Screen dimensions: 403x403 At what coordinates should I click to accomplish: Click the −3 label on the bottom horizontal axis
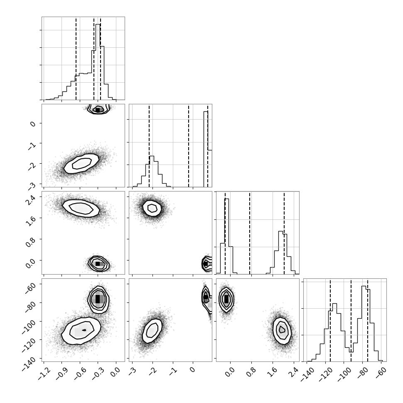pos(132,371)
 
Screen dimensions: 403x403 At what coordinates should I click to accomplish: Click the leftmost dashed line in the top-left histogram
pos(76,59)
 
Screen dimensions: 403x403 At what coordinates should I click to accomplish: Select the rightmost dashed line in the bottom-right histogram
pos(368,320)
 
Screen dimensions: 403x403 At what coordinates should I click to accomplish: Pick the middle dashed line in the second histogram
pos(189,146)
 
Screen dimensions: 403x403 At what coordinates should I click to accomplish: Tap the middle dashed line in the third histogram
pos(250,233)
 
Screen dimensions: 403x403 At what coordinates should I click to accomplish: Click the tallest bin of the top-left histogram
pos(98,62)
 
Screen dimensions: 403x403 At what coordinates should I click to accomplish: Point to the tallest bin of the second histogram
pos(206,149)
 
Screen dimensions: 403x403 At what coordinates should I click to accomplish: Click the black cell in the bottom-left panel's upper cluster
pos(98,299)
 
